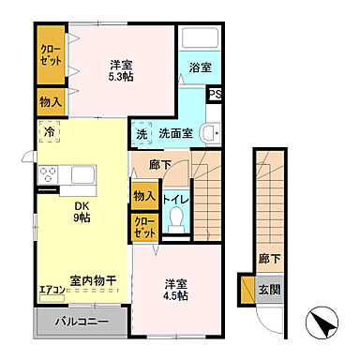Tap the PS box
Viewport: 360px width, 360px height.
point(216,95)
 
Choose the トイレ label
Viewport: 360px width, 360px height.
point(174,198)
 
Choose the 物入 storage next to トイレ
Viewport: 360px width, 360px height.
point(143,197)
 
